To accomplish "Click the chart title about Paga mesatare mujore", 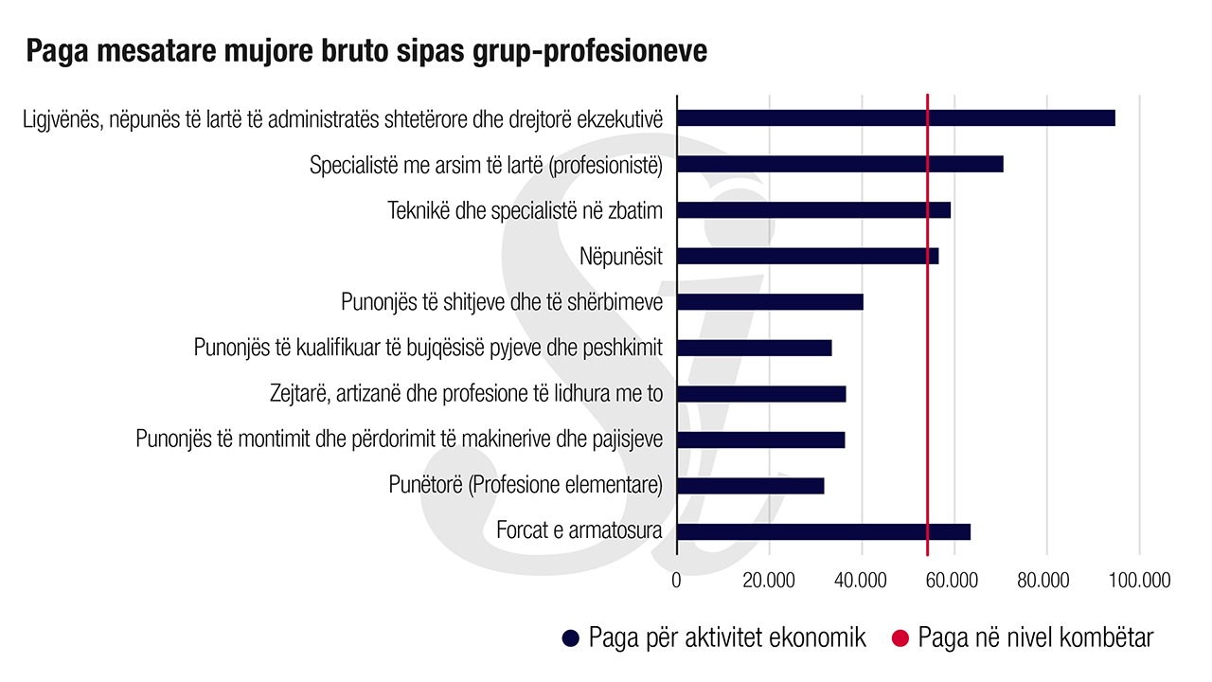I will [366, 51].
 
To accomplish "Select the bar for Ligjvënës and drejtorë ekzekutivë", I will [896, 118].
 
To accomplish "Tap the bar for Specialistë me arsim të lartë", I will [840, 164].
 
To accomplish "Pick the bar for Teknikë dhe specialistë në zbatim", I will [813, 210].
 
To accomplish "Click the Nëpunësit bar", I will [808, 256].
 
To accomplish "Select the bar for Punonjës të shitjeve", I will [770, 302].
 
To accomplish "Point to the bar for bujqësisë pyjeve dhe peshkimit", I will [755, 348].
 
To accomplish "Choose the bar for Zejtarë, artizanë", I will [761, 394].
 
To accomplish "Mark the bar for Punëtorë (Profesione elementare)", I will [751, 486].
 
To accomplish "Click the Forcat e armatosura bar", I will [824, 531].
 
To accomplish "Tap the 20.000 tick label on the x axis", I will [768, 580].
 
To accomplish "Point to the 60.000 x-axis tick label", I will [954, 580].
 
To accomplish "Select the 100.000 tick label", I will [1137, 580].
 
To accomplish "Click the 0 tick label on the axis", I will [676, 580].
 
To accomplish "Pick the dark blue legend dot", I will [570, 638].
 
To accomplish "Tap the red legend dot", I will [900, 638].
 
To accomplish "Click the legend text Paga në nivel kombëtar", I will [1036, 637].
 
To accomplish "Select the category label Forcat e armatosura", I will [579, 530].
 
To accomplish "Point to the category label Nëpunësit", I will [620, 256].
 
